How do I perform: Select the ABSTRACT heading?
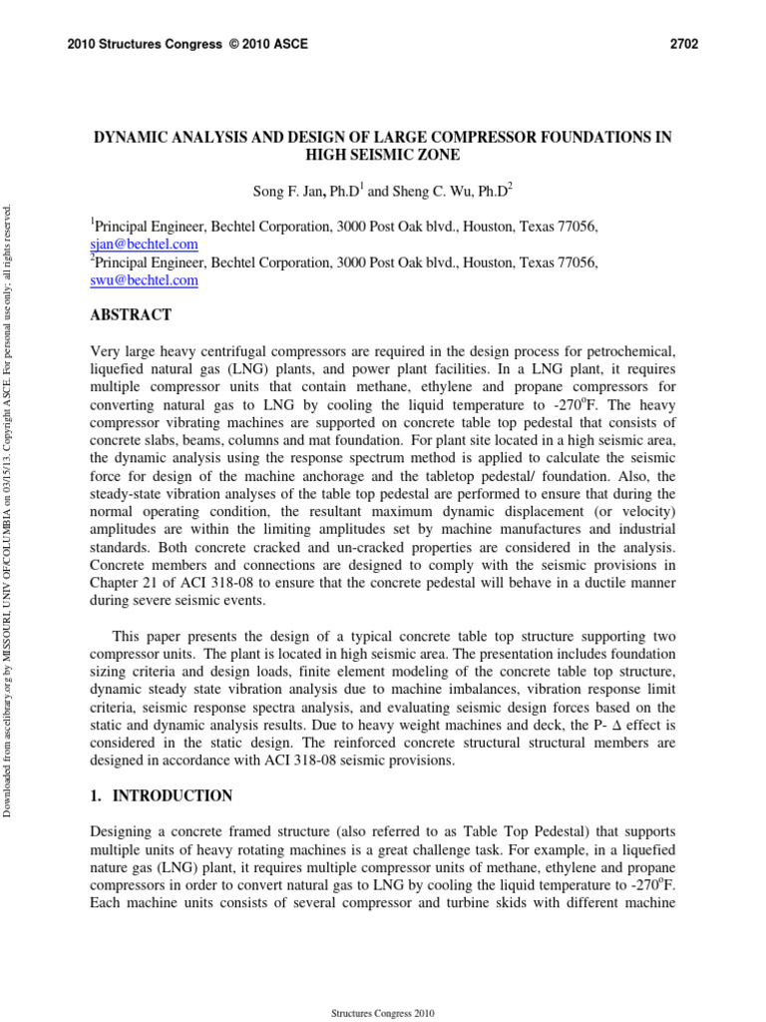tap(131, 315)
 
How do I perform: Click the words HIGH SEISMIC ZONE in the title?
tap(383, 155)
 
